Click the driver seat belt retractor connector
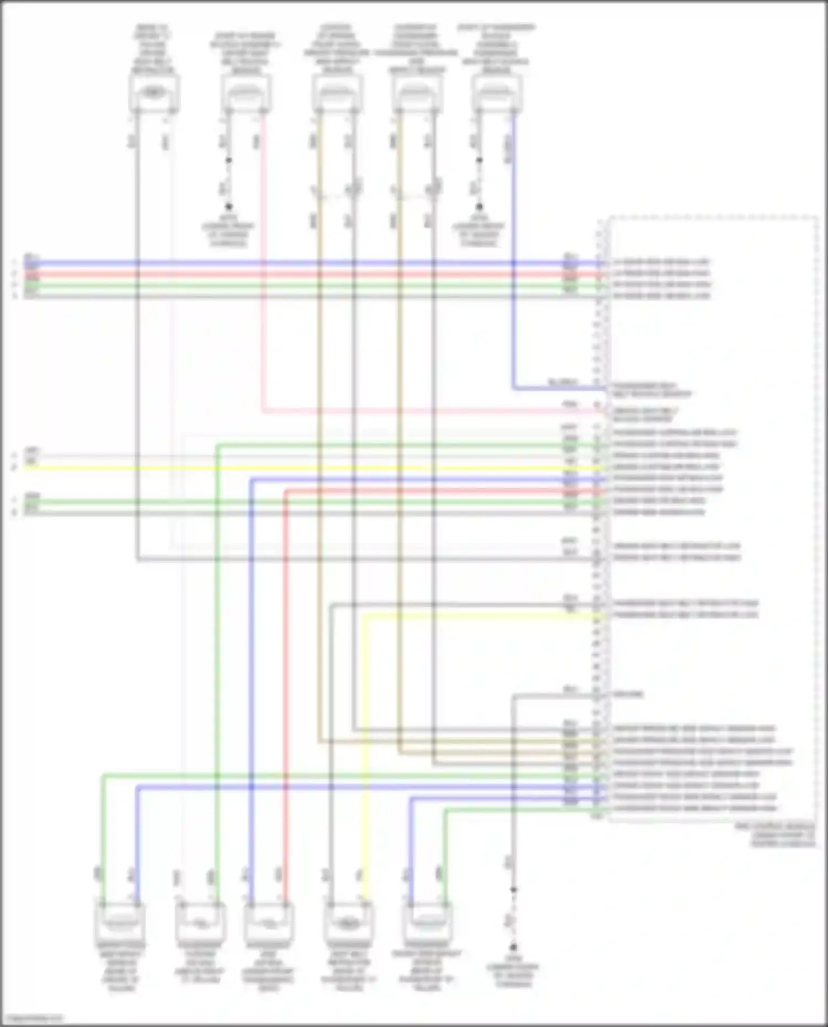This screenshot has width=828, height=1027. (x=153, y=93)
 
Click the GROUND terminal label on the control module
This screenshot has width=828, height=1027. (x=628, y=694)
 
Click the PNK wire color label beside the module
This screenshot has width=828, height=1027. (x=570, y=405)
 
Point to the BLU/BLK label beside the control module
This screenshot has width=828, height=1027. (x=562, y=382)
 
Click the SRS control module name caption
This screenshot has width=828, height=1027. (x=782, y=835)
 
